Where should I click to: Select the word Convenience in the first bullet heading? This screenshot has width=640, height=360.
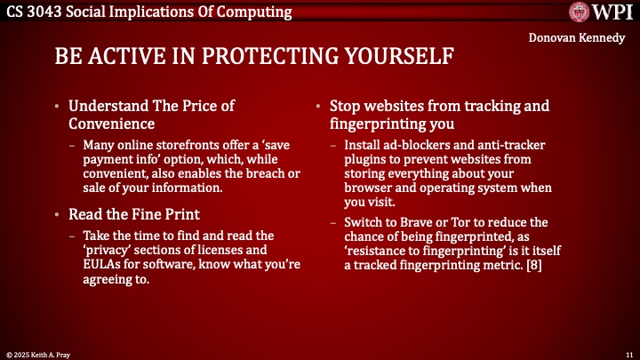tap(114, 124)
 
